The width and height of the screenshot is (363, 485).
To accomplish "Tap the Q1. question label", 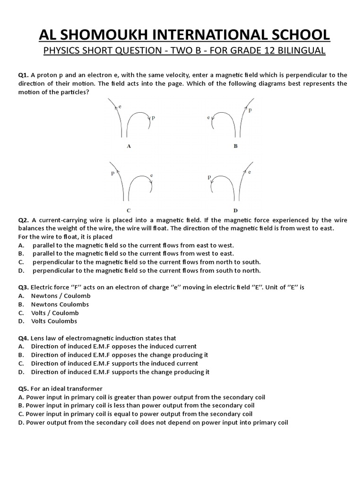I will [x=24, y=75].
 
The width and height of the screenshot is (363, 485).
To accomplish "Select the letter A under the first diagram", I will [x=129, y=146].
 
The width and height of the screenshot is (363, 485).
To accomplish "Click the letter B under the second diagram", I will [x=235, y=146].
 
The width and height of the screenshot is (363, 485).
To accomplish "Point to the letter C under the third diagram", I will [x=129, y=210].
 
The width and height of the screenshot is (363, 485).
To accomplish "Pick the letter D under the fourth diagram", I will [x=235, y=210].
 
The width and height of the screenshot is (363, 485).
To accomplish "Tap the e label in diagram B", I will [x=208, y=116].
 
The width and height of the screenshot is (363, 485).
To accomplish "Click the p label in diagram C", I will [x=112, y=173].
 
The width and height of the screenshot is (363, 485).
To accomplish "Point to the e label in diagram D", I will [x=249, y=172].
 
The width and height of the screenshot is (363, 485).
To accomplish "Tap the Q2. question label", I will [x=24, y=220].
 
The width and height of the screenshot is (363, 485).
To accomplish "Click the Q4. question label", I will [x=24, y=338].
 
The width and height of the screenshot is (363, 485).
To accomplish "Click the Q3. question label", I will [x=24, y=287].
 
